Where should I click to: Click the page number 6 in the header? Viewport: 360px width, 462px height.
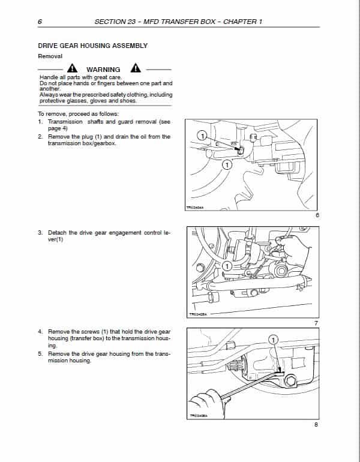[x=39, y=22]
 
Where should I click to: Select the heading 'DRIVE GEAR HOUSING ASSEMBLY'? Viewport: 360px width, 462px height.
[x=92, y=46]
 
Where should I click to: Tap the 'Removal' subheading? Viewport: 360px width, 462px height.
[x=50, y=56]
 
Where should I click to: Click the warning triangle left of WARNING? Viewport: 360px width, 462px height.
[x=72, y=68]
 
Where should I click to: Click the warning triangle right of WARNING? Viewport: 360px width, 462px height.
[x=136, y=68]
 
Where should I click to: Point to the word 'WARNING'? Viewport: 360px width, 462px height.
[x=103, y=70]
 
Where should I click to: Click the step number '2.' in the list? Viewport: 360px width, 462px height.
[x=40, y=137]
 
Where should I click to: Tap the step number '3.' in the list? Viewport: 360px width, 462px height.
[x=40, y=233]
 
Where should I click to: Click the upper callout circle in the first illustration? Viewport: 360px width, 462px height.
[x=203, y=136]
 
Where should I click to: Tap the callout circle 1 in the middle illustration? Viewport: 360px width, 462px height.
[x=226, y=265]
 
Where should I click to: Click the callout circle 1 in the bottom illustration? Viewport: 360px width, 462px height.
[x=274, y=340]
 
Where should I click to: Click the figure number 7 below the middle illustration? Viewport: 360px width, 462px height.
[x=316, y=323]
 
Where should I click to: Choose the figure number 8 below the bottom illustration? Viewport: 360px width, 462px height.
[x=316, y=425]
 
